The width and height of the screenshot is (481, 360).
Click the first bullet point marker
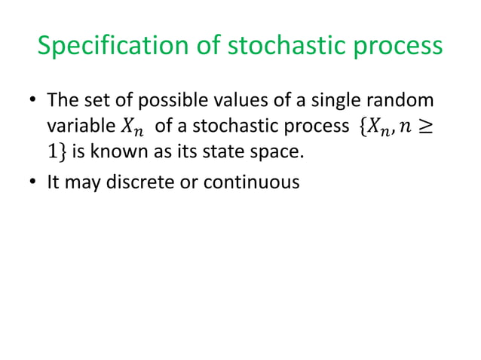[x=32, y=101]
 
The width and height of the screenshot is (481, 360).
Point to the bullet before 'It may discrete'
[x=32, y=182]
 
